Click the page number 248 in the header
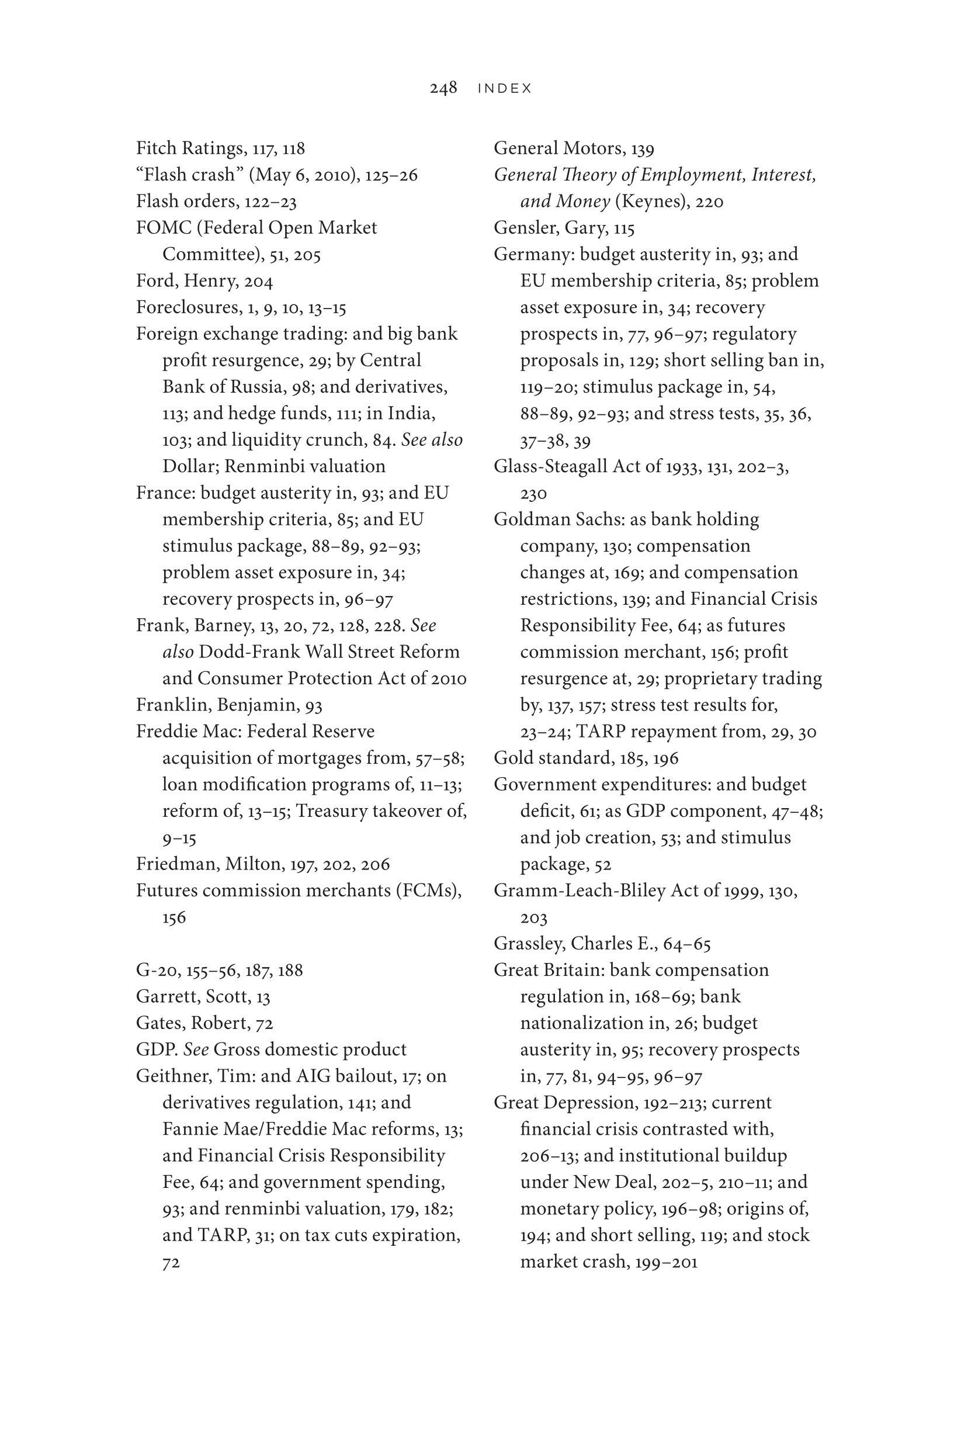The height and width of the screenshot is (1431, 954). pos(443,88)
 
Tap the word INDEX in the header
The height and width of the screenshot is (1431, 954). pos(504,89)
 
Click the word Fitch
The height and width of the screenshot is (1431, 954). pos(155,148)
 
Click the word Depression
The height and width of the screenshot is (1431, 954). pos(585,1103)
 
